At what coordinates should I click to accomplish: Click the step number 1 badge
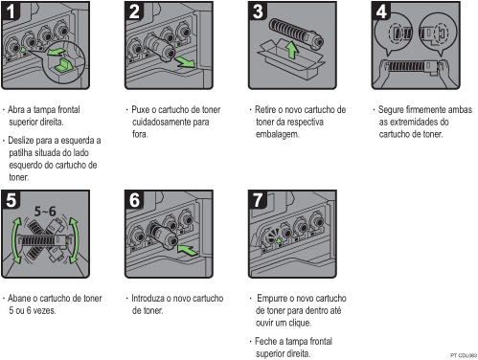click(x=11, y=11)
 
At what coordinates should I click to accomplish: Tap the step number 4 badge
click(x=381, y=11)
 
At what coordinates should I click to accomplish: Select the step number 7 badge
click(x=258, y=200)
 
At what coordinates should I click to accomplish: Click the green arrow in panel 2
click(x=185, y=61)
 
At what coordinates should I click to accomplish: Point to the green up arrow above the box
click(x=291, y=51)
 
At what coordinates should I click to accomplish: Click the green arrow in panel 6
click(x=188, y=250)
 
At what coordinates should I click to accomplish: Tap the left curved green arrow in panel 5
click(x=14, y=240)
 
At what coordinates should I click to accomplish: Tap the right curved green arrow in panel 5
click(x=76, y=240)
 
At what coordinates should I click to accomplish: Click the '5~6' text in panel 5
click(x=45, y=212)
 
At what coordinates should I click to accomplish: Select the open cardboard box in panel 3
click(x=290, y=60)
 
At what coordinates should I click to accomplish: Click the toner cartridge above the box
click(x=296, y=34)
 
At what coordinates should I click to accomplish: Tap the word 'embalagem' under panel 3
click(x=277, y=134)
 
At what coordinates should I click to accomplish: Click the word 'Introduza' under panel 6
click(x=148, y=298)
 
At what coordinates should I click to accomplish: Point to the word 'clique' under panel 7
click(x=300, y=323)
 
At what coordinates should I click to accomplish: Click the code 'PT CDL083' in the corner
click(x=464, y=355)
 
